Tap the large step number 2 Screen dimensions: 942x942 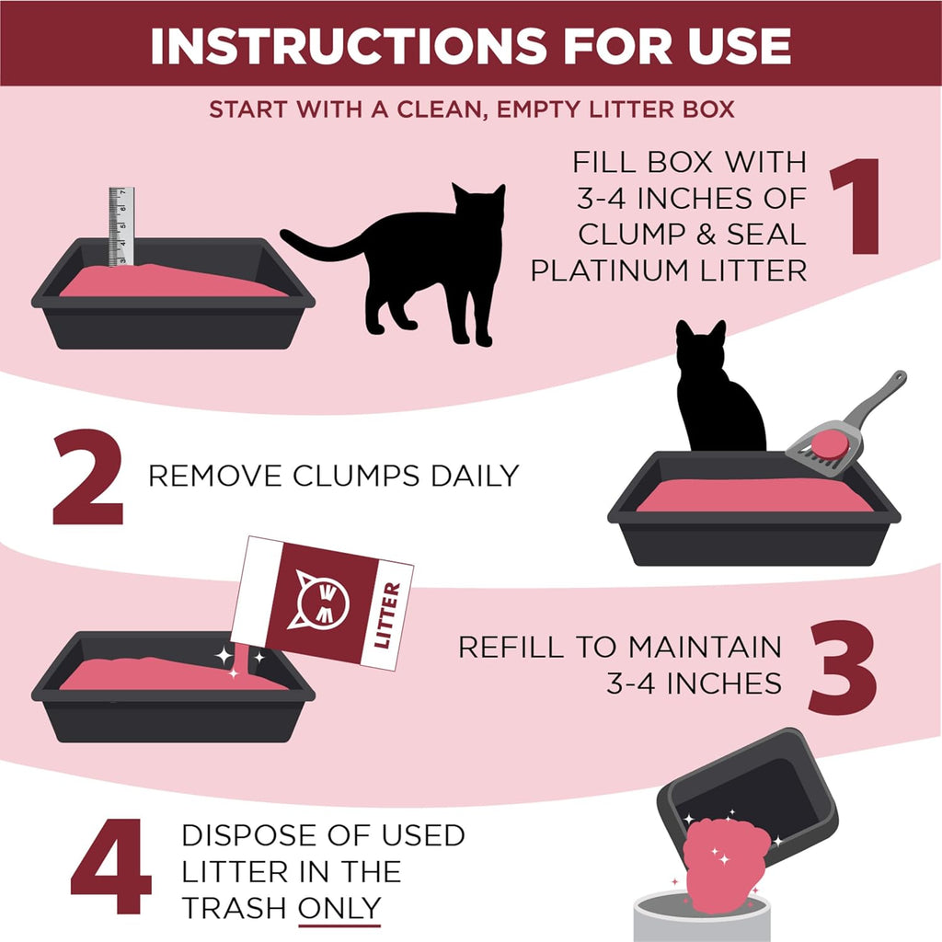point(88,477)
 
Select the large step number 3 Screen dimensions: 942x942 point(843,663)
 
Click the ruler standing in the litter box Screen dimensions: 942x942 point(121,225)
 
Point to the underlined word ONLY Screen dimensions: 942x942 point(339,908)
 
